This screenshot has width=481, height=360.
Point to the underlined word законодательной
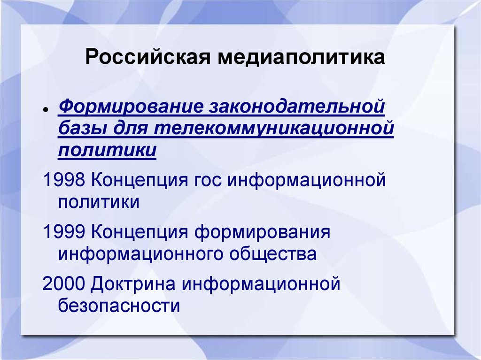click(294, 106)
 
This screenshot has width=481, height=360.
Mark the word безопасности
click(119, 306)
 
